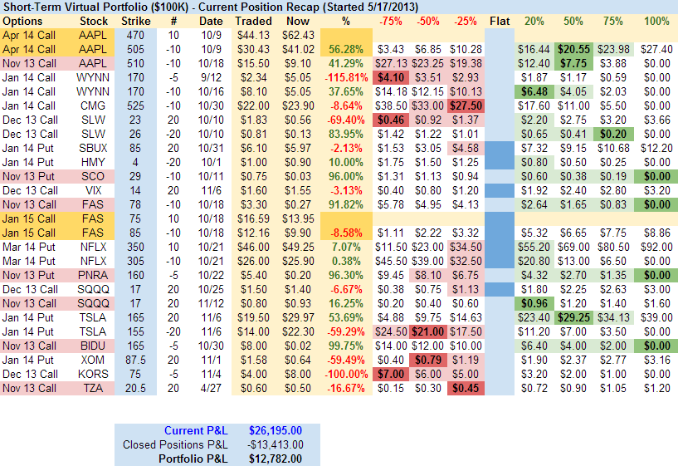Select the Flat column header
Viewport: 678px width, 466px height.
coord(500,20)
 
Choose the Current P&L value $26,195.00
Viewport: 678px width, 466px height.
coord(275,430)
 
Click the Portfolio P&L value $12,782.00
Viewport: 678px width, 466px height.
coord(275,458)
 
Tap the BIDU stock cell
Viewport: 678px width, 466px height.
coord(93,345)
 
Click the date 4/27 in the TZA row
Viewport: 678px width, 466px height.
coord(211,388)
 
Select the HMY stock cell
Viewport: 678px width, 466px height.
coord(93,162)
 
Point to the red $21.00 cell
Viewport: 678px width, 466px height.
coord(427,331)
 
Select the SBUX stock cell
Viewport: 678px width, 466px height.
coord(93,148)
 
